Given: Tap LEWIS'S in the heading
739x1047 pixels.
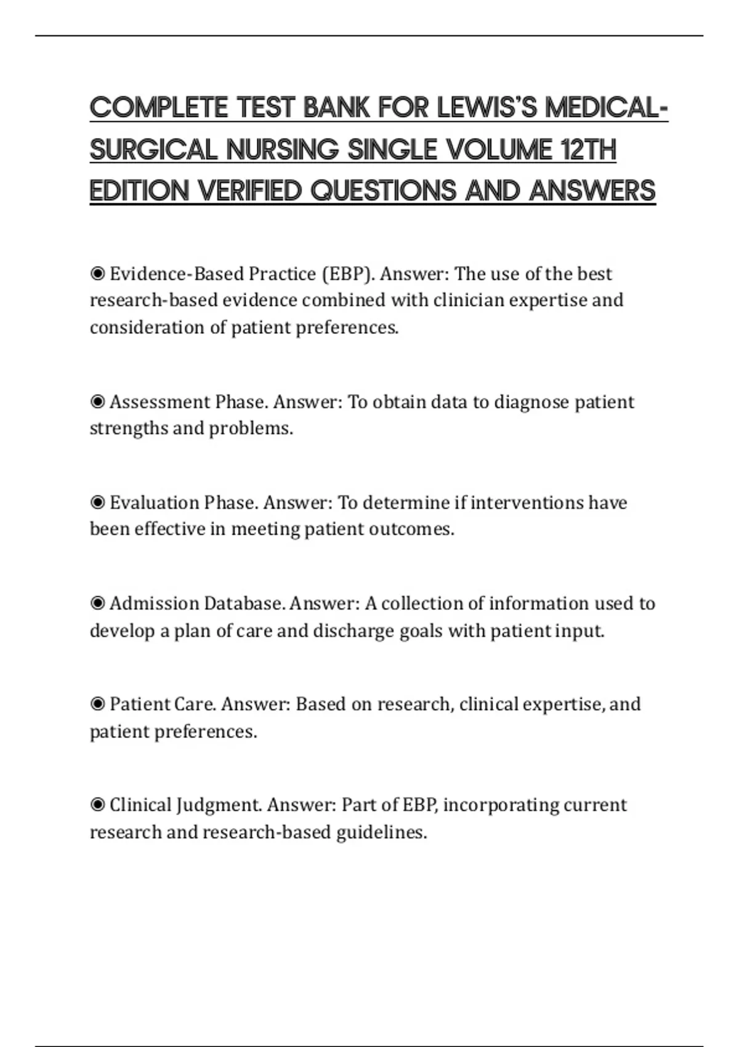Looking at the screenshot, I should click(487, 108).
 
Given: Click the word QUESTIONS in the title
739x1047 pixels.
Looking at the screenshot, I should click(384, 191).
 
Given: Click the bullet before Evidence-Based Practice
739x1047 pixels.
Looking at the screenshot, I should click(97, 273).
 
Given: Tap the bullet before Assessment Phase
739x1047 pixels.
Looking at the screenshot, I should click(97, 402).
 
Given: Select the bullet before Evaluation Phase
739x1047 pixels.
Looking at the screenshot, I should click(97, 503).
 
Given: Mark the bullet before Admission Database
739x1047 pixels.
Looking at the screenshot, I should click(97, 604).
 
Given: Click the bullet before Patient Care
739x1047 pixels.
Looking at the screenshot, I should click(97, 704).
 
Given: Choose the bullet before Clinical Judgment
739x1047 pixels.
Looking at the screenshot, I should click(97, 805).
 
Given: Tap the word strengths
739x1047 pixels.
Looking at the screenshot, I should click(128, 429).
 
